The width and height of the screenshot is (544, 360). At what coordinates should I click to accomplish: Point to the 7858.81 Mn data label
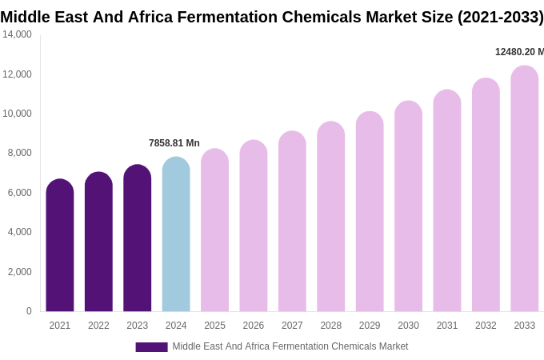pos(174,143)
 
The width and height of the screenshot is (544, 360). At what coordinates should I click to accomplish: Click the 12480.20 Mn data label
pos(519,52)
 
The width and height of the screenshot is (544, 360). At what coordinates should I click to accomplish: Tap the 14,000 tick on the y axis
pos(17,34)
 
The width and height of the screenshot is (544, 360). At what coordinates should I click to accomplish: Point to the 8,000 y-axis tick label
pos(19,153)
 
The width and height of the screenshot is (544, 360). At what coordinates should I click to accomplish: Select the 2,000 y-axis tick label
pos(19,272)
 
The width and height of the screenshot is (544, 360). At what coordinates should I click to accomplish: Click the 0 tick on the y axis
pos(29,311)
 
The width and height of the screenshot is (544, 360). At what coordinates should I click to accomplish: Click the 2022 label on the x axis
pos(98,326)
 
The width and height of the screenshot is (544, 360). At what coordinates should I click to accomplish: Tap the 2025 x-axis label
pos(214,326)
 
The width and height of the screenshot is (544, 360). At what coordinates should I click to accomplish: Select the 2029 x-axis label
pos(370,326)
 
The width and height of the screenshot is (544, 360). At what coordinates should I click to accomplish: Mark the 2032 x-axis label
pos(486,326)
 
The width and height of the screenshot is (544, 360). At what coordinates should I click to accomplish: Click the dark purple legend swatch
pos(151,347)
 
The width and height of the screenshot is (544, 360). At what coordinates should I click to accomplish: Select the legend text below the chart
pos(290,346)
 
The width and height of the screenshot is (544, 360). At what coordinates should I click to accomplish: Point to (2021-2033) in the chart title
pos(500,17)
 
